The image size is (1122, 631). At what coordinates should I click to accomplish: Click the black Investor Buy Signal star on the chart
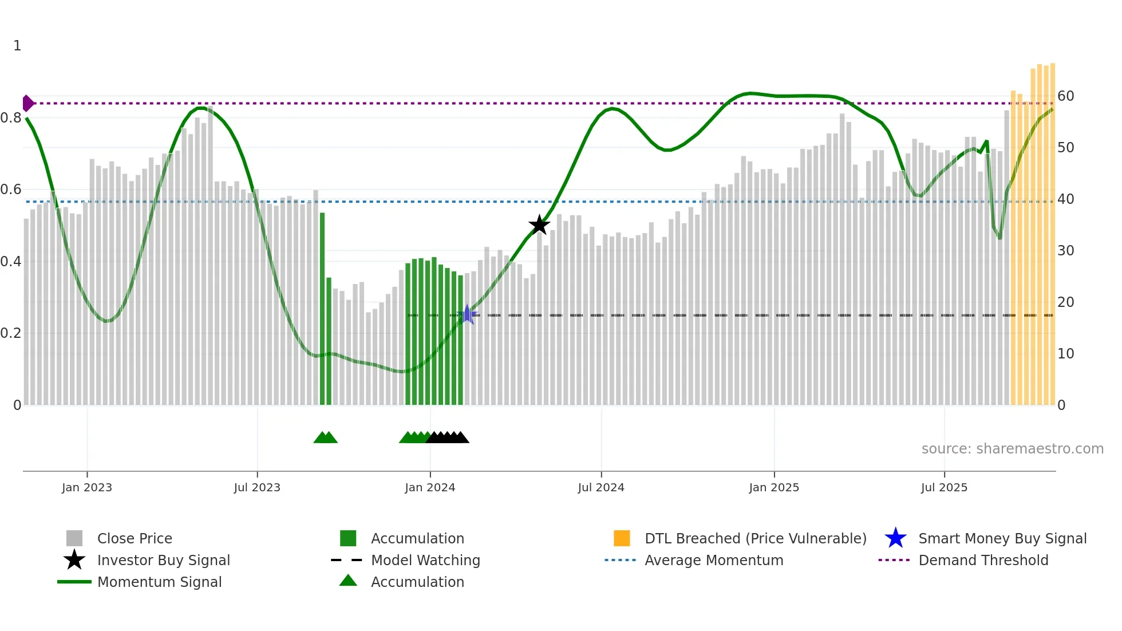[539, 225]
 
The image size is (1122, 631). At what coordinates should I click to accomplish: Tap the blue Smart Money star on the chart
[467, 314]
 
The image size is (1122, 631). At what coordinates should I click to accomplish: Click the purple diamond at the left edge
[27, 103]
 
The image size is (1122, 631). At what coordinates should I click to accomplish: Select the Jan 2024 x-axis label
[430, 488]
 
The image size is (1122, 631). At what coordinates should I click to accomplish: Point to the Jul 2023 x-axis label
[257, 488]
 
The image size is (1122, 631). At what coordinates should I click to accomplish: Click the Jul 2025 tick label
[944, 488]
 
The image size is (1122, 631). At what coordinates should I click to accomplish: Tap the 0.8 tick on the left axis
[11, 118]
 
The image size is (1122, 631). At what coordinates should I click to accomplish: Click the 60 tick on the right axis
[1065, 96]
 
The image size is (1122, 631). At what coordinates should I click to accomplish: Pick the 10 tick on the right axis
[1065, 354]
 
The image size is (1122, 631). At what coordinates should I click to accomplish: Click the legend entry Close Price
[135, 539]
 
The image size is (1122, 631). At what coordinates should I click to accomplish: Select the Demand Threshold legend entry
[983, 561]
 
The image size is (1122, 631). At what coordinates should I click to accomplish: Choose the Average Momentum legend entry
[713, 561]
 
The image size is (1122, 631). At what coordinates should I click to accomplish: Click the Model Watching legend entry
[425, 561]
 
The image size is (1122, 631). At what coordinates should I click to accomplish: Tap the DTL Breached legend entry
[755, 539]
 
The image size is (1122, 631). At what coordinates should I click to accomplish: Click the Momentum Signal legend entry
[159, 582]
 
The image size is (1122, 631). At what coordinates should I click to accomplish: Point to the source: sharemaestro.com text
[1012, 449]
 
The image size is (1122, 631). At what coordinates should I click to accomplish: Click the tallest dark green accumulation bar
[322, 309]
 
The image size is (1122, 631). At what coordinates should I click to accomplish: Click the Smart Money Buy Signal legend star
[895, 538]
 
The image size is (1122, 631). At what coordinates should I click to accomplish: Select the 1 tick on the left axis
[17, 46]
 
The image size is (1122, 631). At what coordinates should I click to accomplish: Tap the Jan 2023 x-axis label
[87, 488]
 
